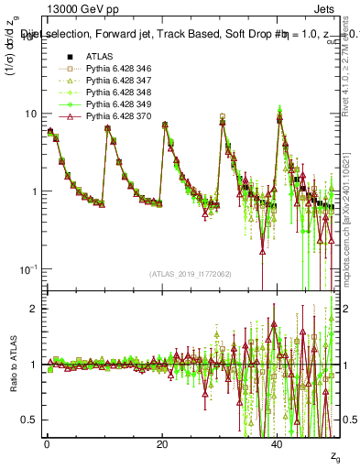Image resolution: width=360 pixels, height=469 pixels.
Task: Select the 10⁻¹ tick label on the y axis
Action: tap(29, 268)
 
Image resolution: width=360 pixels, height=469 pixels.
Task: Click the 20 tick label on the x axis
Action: tap(162, 443)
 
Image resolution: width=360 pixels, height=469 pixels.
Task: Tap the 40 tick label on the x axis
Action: tap(278, 443)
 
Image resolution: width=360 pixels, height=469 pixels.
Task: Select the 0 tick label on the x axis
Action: tap(47, 443)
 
